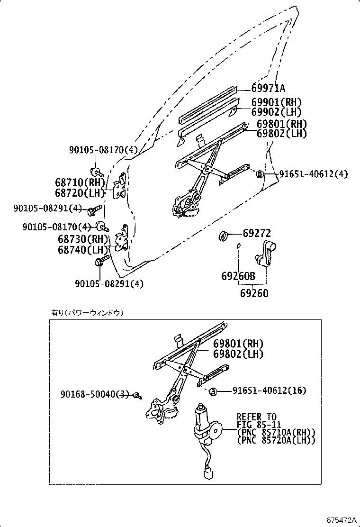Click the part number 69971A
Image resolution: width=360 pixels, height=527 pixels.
(268, 88)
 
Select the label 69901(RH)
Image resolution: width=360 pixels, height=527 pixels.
(276, 102)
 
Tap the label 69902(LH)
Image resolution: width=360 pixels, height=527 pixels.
(276, 112)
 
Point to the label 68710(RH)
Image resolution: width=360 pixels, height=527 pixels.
(79, 183)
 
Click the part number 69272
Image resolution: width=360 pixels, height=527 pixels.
(257, 233)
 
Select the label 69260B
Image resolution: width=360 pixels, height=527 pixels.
(238, 276)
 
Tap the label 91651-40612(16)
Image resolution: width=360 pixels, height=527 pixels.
(269, 391)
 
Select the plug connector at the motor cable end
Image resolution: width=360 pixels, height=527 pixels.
(207, 474)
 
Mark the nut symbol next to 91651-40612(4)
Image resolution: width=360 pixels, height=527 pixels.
(260, 174)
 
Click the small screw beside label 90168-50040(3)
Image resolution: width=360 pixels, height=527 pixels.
(136, 395)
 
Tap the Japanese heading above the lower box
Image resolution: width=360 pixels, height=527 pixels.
(87, 313)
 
